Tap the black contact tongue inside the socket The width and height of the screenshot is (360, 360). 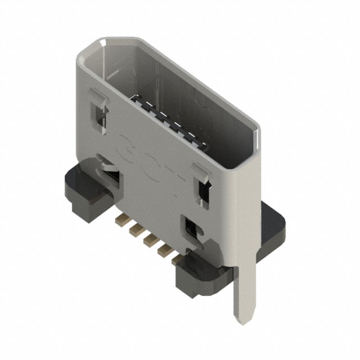point(169,118)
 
